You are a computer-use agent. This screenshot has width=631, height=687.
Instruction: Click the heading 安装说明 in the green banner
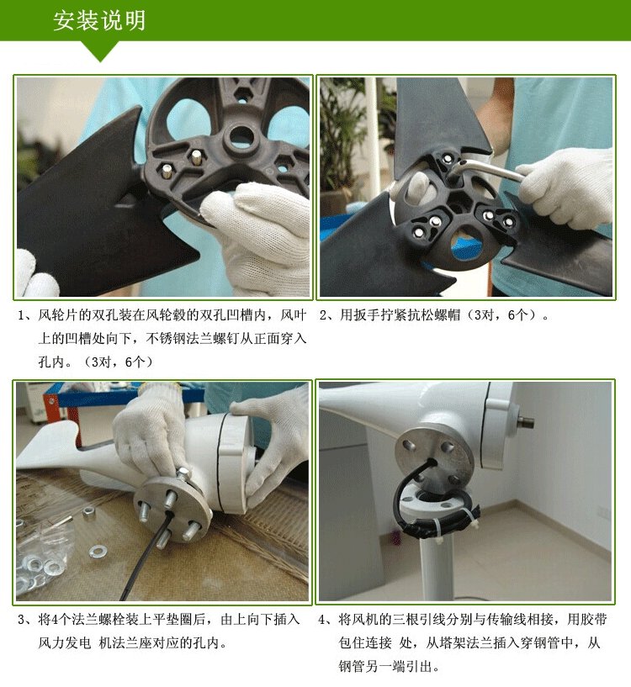point(99,20)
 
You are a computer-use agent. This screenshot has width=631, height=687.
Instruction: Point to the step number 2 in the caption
point(323,315)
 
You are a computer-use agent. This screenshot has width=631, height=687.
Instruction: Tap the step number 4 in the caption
point(323,620)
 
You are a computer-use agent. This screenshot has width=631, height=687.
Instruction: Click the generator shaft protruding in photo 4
point(524,422)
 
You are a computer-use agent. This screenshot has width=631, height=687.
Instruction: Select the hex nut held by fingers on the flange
point(183,473)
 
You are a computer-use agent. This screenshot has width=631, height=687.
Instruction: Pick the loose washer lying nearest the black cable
point(98,551)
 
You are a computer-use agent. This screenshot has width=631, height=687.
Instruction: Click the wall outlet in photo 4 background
point(604,511)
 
